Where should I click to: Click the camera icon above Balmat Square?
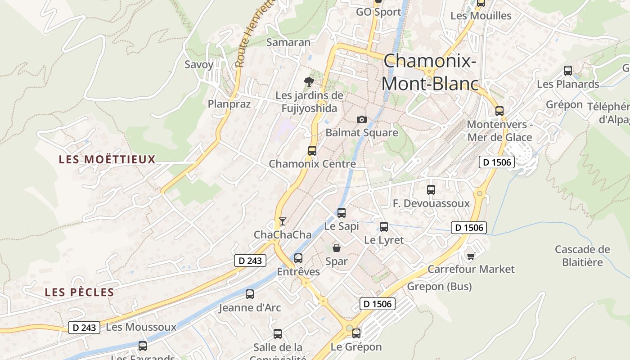361,119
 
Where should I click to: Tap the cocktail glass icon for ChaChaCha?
282,221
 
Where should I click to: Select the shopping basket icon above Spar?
336,247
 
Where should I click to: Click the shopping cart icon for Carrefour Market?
471,256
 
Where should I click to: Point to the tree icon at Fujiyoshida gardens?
309,82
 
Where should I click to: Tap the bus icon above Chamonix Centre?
312,151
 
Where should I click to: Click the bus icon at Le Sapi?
342,212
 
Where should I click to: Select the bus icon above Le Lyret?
384,227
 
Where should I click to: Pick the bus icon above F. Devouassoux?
431,190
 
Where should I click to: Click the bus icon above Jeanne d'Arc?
250,294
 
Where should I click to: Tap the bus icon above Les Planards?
568,71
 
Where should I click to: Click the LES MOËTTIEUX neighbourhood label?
107,159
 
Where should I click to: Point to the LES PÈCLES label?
80,292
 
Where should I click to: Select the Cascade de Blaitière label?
582,256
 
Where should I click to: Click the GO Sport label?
378,12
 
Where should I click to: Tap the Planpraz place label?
229,104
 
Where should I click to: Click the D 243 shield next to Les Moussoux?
84,328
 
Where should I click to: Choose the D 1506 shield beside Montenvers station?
496,162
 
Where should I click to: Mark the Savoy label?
199,64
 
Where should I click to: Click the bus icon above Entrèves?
298,258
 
